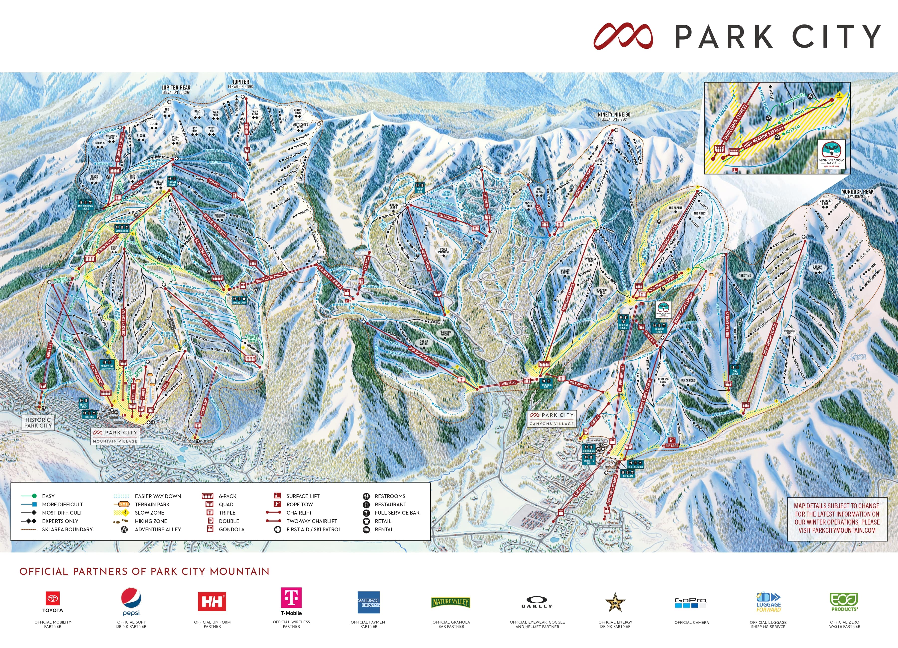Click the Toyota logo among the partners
point(53,601)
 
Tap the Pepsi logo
point(131,601)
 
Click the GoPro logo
point(691,602)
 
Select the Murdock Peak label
point(857,193)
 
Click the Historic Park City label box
point(38,422)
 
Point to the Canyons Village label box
point(552,419)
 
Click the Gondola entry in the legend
point(231,529)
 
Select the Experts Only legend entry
point(60,521)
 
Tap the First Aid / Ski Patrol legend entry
point(313,529)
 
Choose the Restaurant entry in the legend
point(390,504)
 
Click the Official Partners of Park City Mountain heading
point(144,571)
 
